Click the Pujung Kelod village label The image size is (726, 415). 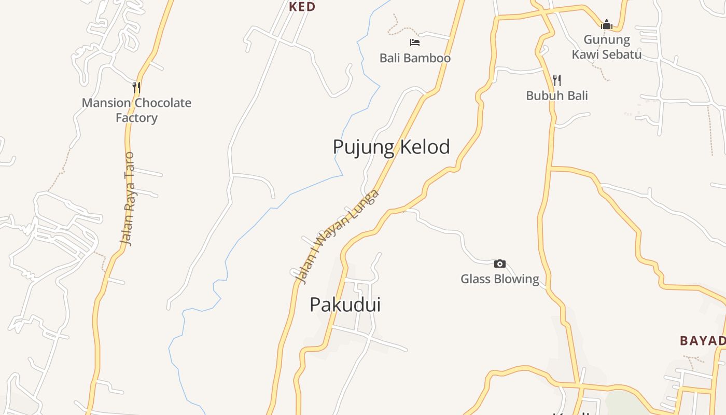tap(391, 147)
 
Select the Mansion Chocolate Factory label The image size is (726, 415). tap(136, 110)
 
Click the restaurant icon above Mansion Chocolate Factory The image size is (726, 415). tap(136, 87)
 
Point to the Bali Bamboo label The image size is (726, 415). tap(415, 58)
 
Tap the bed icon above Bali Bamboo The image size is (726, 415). tap(415, 43)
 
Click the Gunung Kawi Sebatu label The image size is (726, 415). tap(607, 47)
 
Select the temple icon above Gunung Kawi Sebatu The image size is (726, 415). tap(607, 24)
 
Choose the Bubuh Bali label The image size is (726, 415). tap(557, 95)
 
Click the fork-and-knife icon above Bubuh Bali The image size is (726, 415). tap(557, 80)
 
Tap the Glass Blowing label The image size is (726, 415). tap(500, 279)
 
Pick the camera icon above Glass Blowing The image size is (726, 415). tap(500, 264)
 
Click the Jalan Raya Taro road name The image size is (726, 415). tap(127, 198)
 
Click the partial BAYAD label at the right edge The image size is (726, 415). tap(703, 341)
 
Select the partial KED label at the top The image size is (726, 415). tap(302, 7)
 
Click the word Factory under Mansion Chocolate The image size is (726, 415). tap(136, 118)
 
